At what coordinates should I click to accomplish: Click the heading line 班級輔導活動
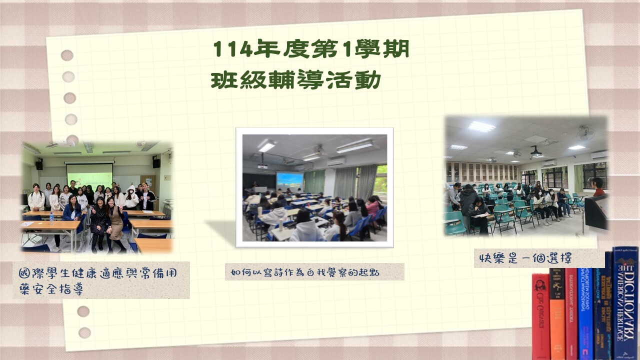point(296,80)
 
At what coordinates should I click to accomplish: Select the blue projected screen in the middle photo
point(289,181)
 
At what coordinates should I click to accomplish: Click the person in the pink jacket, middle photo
point(372,205)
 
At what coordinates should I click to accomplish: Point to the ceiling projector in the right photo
point(536,151)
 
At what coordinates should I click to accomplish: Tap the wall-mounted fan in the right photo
point(585,132)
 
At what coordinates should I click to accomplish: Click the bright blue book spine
point(585,312)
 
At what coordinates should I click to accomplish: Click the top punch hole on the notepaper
point(67,55)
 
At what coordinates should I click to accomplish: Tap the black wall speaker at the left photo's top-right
point(156,162)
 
